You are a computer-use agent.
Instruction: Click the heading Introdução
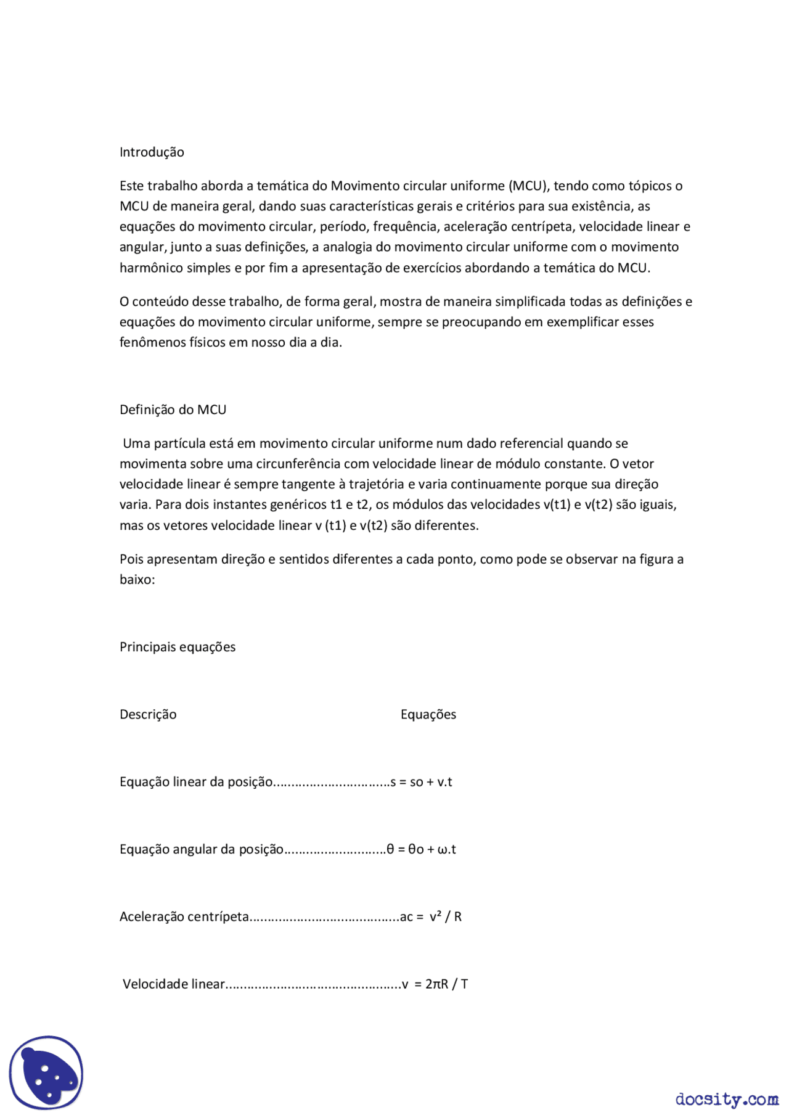[152, 152]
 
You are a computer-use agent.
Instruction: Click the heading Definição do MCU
[173, 410]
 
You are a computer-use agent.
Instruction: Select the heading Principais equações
[178, 647]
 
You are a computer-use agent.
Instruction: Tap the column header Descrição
[148, 714]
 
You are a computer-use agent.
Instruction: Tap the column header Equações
[428, 714]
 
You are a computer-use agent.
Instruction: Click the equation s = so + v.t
[422, 782]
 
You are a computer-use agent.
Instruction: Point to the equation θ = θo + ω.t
[422, 849]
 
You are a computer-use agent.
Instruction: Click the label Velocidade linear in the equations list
[174, 984]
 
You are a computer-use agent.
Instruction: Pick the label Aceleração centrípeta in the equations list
[184, 917]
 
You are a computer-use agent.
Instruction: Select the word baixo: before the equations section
[137, 580]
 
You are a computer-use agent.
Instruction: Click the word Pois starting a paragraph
[131, 559]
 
